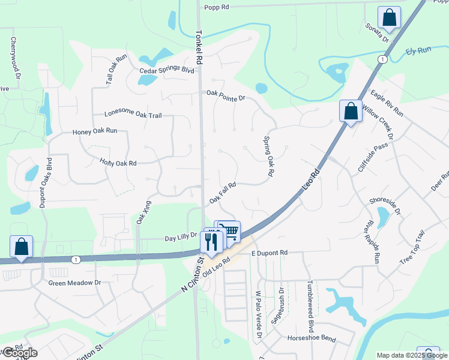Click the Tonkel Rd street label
[x=198, y=45]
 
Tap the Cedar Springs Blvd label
[x=167, y=70]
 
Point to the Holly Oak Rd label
[x=118, y=163]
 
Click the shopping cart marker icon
[x=229, y=230]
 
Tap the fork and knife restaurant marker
[x=211, y=241]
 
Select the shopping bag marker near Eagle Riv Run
[x=351, y=111]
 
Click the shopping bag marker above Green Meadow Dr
[x=22, y=247]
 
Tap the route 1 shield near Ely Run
[x=382, y=59]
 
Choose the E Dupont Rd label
[x=271, y=253]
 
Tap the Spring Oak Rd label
[x=268, y=156]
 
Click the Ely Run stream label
[x=418, y=52]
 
